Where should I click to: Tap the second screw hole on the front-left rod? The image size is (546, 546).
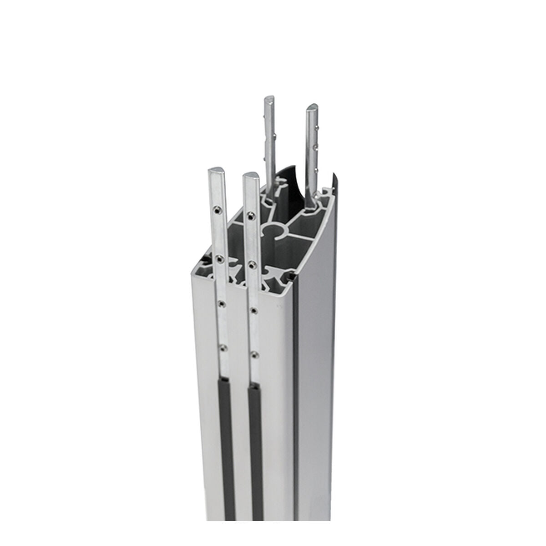coord(220,258)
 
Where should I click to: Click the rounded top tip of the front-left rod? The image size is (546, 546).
coord(216,171)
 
